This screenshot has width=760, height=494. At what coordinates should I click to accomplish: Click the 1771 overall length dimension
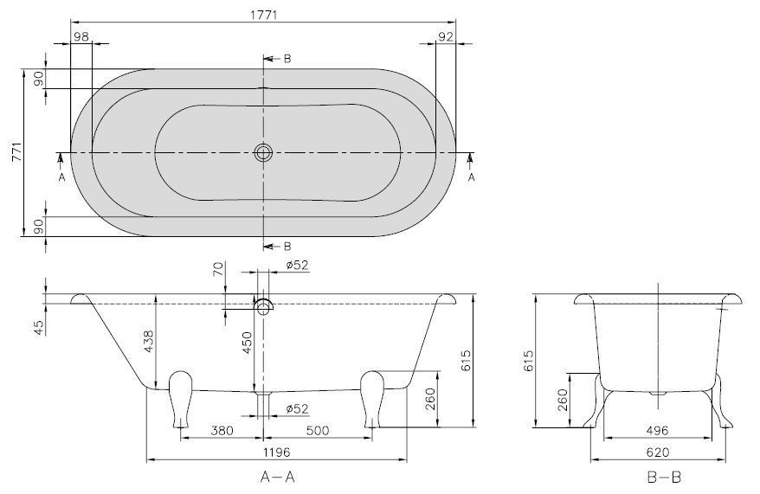(263, 15)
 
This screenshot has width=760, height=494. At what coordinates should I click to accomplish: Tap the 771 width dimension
(17, 153)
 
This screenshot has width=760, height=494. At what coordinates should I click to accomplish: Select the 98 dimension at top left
(81, 36)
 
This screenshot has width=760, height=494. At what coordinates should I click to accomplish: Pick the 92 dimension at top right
(445, 36)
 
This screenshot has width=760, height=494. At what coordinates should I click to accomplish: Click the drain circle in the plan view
(263, 153)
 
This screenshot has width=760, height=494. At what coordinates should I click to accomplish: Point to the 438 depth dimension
(149, 341)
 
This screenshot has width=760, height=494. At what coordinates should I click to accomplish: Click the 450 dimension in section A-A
(248, 343)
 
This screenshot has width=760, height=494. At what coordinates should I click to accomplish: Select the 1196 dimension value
(276, 452)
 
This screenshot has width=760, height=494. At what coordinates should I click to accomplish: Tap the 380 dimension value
(222, 430)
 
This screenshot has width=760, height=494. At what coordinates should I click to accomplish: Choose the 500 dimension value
(318, 430)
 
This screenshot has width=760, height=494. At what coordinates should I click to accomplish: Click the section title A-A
(277, 478)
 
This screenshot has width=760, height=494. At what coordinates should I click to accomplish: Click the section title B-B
(664, 478)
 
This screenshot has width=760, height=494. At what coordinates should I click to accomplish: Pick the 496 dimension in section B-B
(657, 430)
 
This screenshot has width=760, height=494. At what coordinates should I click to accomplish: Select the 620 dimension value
(658, 452)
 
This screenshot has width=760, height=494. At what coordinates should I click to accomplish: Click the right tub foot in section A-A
(372, 399)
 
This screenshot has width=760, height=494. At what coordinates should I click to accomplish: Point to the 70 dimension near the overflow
(219, 268)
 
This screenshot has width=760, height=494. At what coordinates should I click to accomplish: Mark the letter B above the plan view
(287, 59)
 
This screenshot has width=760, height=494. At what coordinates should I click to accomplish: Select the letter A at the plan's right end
(472, 177)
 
